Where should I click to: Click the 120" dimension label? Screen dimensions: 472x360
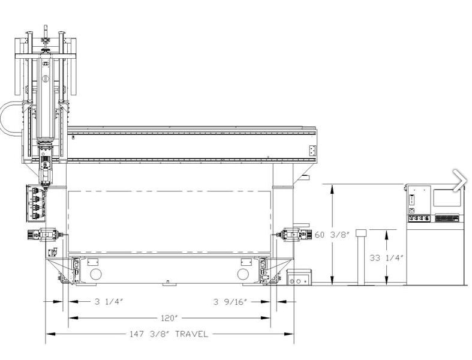(x=170, y=318)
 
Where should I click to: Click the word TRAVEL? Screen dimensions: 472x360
(x=191, y=334)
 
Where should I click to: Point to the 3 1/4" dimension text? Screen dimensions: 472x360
(x=109, y=302)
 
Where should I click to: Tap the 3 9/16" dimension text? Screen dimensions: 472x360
(x=230, y=302)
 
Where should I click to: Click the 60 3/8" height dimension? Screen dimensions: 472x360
(x=332, y=235)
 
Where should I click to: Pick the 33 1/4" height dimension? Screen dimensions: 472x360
(x=386, y=258)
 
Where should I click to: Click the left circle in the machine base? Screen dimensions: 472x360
(x=96, y=274)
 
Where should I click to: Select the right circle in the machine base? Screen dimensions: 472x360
(x=243, y=274)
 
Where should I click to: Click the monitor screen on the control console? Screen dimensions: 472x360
(x=447, y=198)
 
